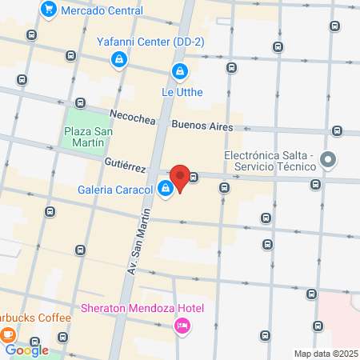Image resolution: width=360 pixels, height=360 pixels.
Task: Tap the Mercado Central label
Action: [102, 11]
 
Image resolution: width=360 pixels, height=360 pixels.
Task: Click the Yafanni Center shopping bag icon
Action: [118, 59]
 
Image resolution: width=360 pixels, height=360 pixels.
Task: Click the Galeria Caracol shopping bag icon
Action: [166, 190]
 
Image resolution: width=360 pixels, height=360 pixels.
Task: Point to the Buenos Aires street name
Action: [202, 126]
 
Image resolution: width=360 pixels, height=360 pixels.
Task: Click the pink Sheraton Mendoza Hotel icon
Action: [182, 325]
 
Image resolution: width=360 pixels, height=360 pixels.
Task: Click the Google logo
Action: [27, 350]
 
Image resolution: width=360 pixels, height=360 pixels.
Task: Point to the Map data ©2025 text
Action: [325, 354]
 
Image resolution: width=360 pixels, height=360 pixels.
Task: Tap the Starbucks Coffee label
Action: [36, 318]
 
